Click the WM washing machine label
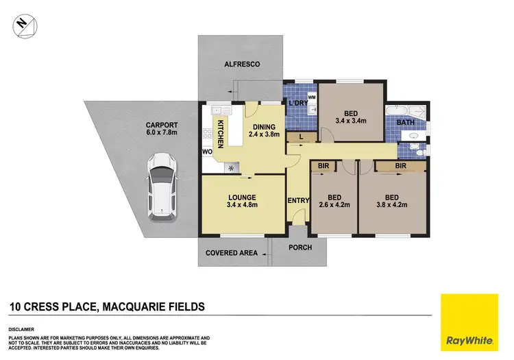click(311, 98)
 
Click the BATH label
click(406, 123)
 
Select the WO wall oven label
click(206, 151)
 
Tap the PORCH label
click(301, 248)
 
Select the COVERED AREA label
click(232, 253)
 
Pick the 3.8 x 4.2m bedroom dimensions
click(391, 204)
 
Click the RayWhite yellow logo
click(469, 323)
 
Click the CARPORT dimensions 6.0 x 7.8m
click(162, 133)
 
